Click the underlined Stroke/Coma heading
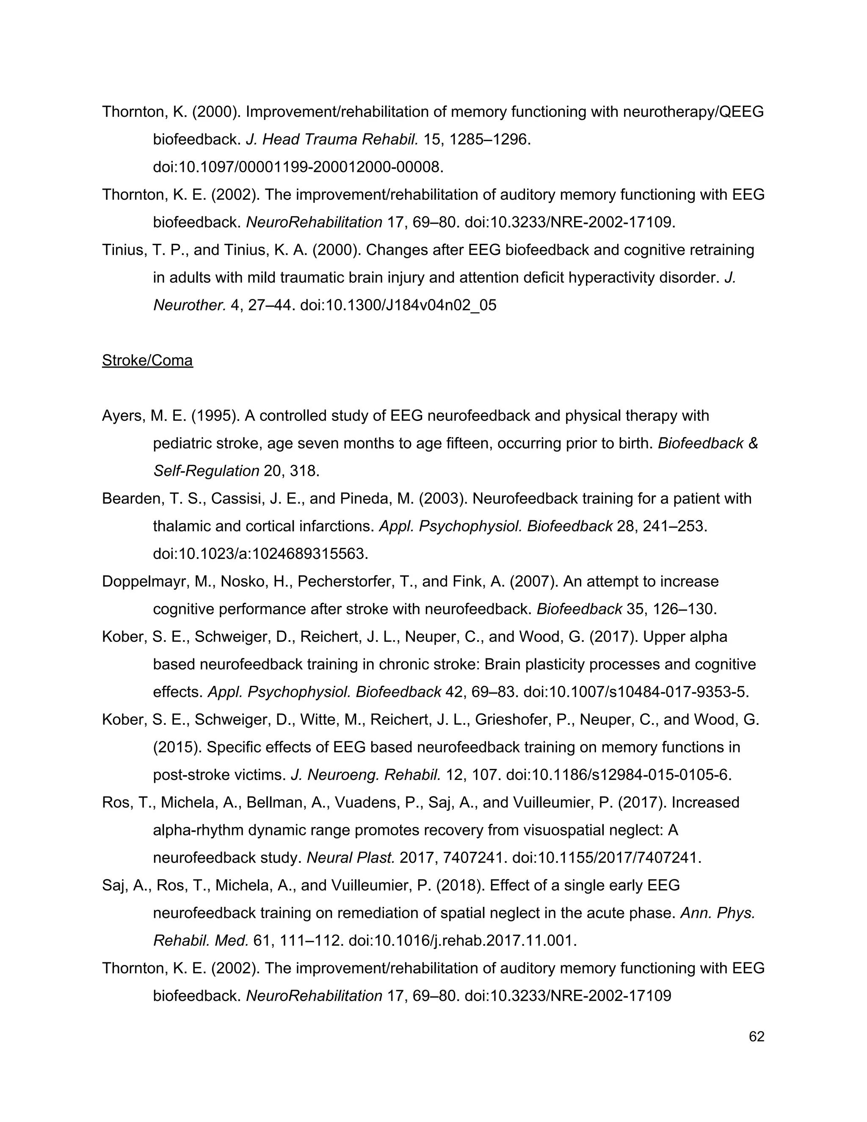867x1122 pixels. click(147, 361)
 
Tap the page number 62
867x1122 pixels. click(757, 1037)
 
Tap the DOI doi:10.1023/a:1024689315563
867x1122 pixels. click(260, 554)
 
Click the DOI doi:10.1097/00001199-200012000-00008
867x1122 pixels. click(298, 167)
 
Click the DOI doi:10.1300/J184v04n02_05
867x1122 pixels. click(398, 305)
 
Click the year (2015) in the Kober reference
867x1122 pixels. click(177, 747)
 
